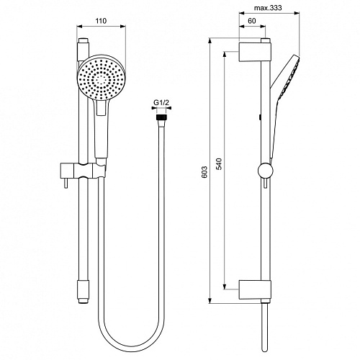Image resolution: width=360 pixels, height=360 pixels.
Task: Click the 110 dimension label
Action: [x=101, y=21]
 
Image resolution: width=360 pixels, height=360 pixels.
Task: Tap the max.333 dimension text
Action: [x=268, y=8]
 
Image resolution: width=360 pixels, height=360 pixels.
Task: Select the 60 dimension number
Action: [x=251, y=21]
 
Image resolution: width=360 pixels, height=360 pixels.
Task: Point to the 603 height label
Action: [x=204, y=172]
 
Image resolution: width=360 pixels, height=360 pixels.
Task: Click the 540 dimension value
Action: [x=219, y=164]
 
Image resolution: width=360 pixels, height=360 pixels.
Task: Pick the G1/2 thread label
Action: [x=161, y=103]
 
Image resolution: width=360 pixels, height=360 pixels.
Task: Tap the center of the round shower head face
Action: [x=102, y=78]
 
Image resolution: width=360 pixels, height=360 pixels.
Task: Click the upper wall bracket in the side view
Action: [x=255, y=52]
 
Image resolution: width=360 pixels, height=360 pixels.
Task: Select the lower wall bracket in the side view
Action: [x=255, y=289]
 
